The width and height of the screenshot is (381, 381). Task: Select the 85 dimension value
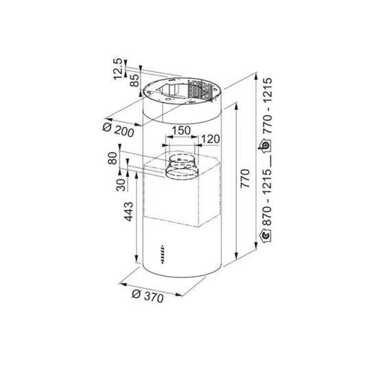point(135,80)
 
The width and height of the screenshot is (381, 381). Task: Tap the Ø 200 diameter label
point(118,130)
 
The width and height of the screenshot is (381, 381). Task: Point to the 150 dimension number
point(181,130)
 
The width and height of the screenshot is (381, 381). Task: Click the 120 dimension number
point(211,139)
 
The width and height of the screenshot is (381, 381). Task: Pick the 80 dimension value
point(113,158)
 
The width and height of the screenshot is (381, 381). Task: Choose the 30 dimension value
point(121,185)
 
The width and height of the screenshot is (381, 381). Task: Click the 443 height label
point(129,211)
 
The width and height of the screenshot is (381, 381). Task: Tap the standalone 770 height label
point(245,178)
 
